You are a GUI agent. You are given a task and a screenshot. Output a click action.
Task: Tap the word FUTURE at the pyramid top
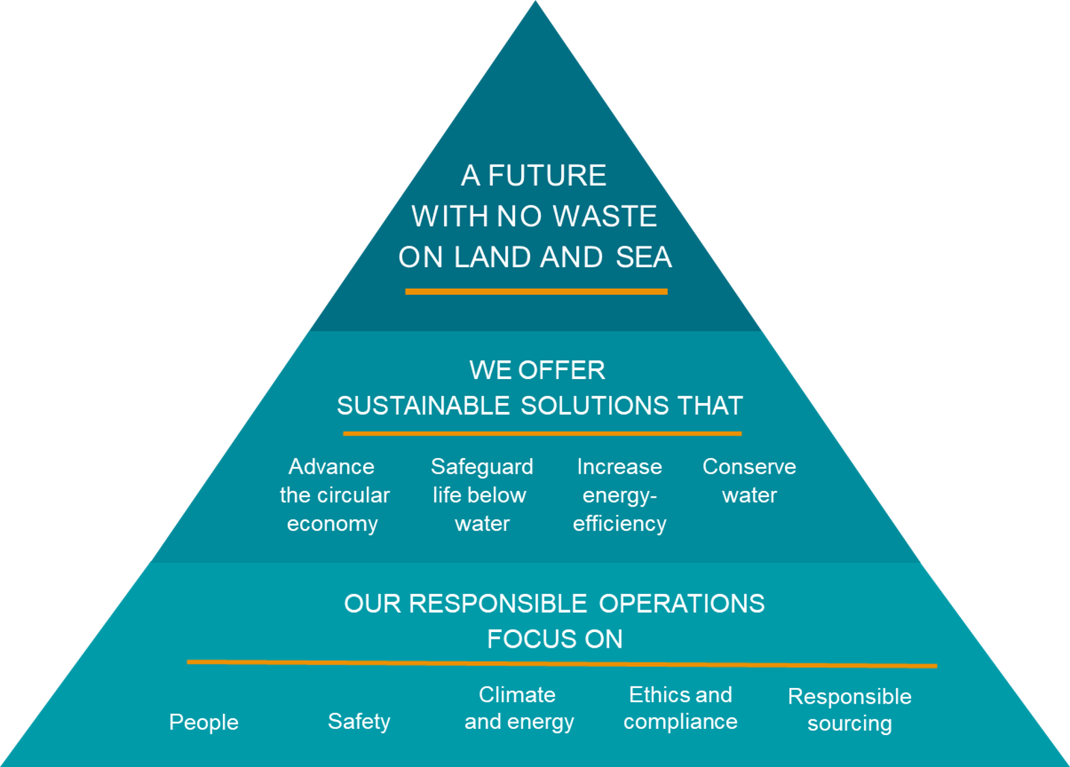547,176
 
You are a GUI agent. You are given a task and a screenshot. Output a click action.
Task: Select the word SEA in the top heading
643,258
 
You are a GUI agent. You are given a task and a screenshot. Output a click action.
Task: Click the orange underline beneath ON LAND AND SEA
536,292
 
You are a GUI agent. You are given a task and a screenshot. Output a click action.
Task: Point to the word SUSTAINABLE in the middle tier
423,406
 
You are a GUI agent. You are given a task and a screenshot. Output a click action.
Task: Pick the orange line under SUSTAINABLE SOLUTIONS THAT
542,433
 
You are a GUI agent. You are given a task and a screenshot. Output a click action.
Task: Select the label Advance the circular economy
333,495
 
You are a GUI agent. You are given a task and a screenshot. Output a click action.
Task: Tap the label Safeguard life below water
481,495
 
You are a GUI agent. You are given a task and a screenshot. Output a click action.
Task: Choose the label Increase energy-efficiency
619,495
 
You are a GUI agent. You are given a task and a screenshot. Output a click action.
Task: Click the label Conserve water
749,481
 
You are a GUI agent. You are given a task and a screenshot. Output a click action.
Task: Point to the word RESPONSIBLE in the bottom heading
497,604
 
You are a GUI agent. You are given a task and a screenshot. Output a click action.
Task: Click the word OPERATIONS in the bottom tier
681,604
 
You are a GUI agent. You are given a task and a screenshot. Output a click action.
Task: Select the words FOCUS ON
554,640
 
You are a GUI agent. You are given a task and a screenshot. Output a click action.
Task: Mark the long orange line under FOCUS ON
561,663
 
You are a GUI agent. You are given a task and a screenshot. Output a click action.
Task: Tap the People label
204,722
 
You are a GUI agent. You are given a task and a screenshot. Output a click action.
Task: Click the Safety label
359,721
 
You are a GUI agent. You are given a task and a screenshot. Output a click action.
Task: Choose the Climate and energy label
518,708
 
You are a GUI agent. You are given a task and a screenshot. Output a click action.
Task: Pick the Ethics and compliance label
680,708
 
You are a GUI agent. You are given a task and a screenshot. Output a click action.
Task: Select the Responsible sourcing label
849,710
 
